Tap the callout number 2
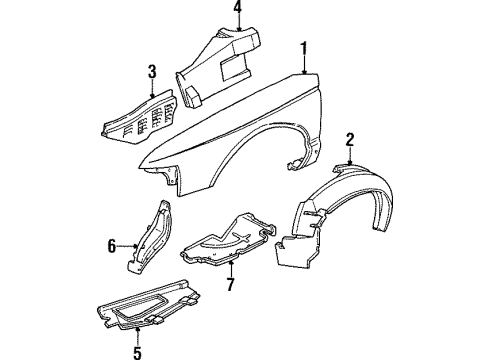click(x=351, y=138)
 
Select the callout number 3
click(x=152, y=71)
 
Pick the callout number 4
click(x=238, y=9)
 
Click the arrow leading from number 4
click(x=238, y=24)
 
